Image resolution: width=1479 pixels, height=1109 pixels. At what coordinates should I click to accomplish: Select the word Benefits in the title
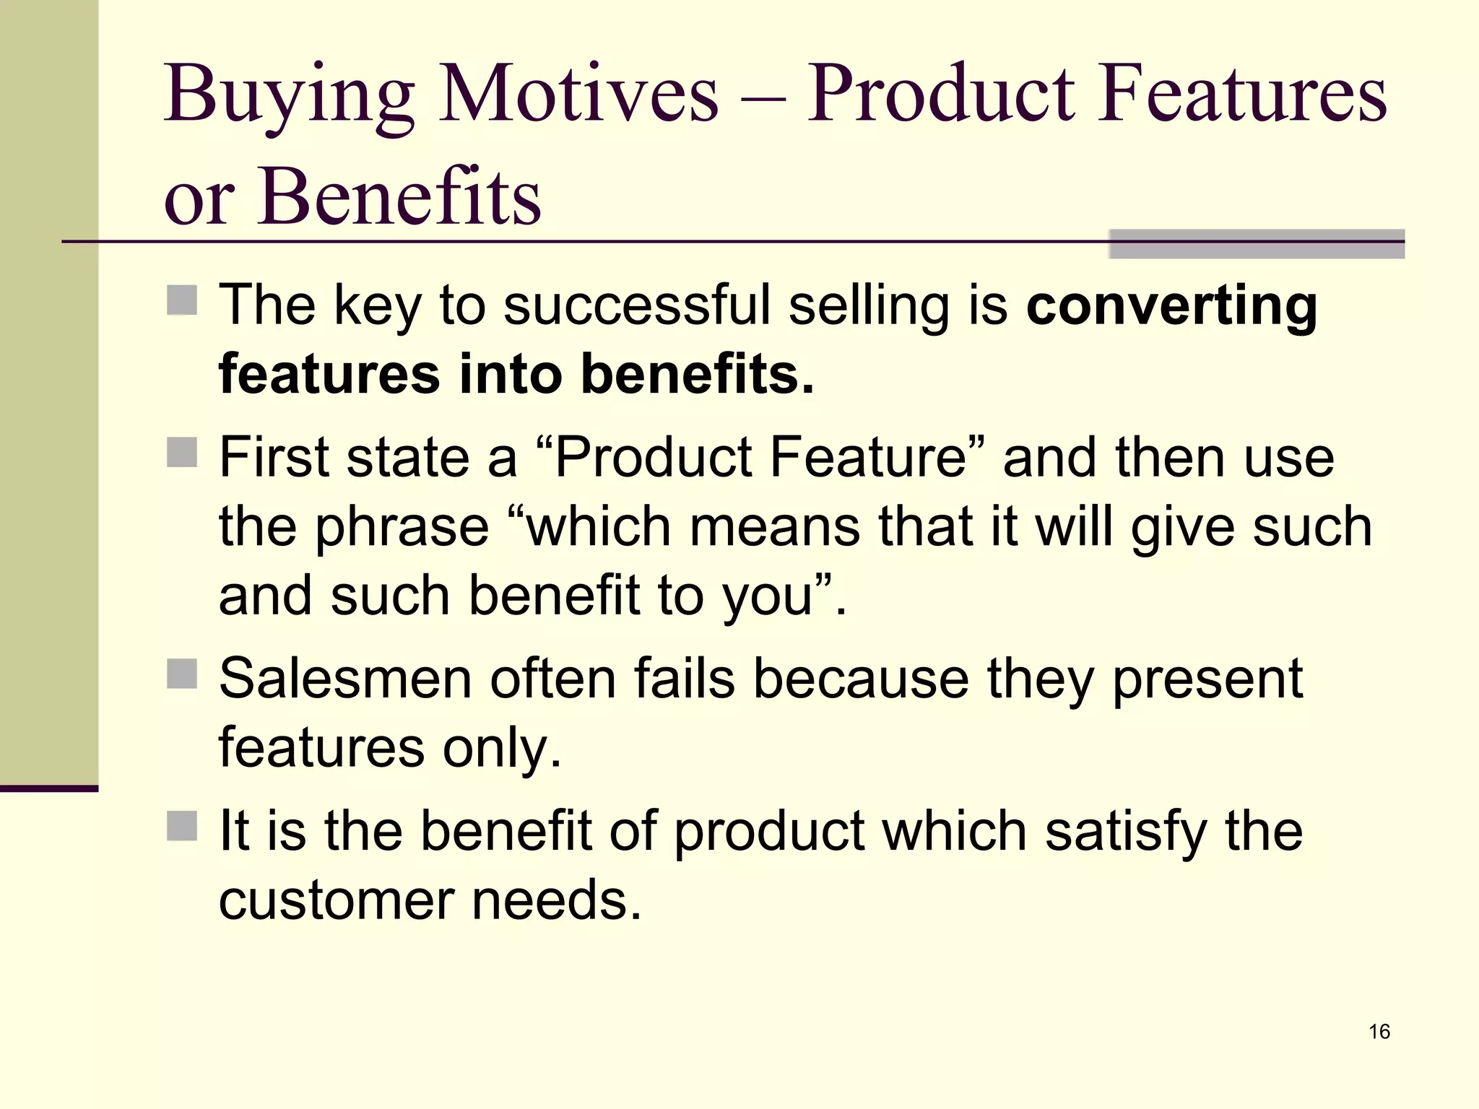tap(399, 196)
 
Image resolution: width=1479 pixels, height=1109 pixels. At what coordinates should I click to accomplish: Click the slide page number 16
tap(1379, 1032)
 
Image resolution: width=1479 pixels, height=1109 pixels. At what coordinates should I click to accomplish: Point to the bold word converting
tap(1171, 307)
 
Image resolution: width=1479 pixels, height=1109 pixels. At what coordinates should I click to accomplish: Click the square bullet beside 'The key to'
tap(182, 300)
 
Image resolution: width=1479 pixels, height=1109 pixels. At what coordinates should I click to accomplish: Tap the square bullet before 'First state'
tap(182, 453)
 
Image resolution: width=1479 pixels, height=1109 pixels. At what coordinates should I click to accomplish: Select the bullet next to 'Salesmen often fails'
tap(182, 674)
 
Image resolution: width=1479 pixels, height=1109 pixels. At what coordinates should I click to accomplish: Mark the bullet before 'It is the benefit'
tap(182, 826)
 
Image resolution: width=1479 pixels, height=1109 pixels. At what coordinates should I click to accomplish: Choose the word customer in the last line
tap(336, 900)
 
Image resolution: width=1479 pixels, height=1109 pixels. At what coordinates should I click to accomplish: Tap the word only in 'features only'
tap(502, 749)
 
